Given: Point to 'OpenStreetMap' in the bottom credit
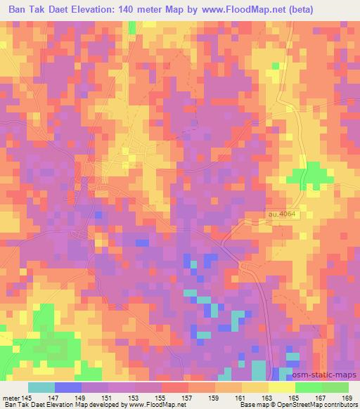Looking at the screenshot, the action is [300, 405].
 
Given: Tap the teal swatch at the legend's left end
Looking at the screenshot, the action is [41, 387].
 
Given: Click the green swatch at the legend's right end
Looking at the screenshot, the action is [335, 387].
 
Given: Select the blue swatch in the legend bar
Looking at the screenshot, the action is [68, 387].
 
